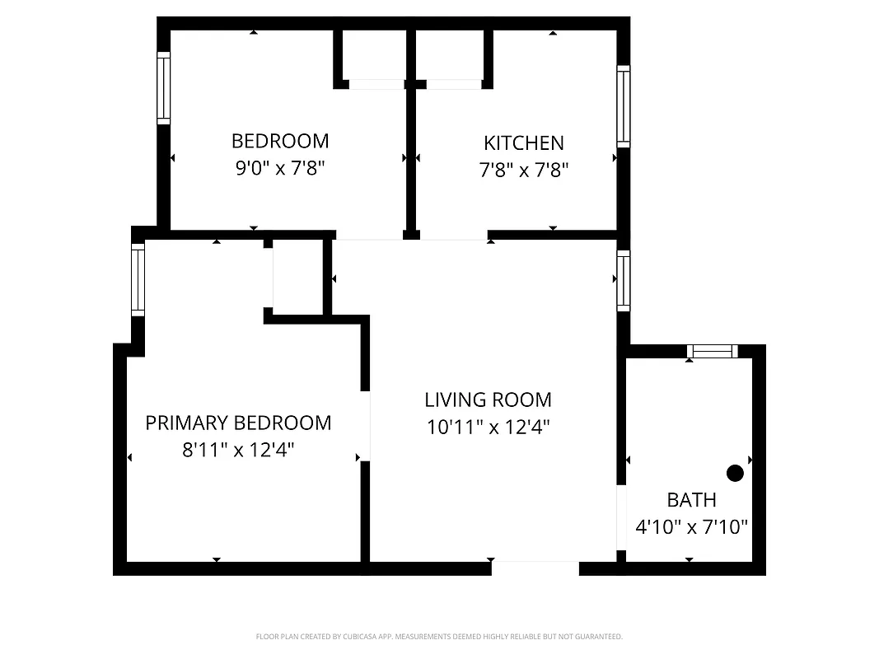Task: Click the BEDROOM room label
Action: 280,141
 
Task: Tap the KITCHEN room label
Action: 524,143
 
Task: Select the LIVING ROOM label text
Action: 489,400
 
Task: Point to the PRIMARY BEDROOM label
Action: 238,423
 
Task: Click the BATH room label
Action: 691,500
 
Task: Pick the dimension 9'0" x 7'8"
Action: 280,169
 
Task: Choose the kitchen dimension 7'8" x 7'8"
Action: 524,171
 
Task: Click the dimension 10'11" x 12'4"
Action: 489,428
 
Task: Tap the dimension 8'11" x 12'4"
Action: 238,451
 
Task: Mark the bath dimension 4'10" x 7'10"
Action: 692,527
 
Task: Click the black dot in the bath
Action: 735,473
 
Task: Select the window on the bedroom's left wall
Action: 164,88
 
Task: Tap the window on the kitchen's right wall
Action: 624,107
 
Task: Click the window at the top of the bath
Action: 712,352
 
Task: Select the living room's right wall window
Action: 624,281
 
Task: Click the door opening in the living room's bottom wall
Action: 535,568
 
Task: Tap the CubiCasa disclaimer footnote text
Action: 439,637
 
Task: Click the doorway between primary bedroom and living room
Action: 365,426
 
